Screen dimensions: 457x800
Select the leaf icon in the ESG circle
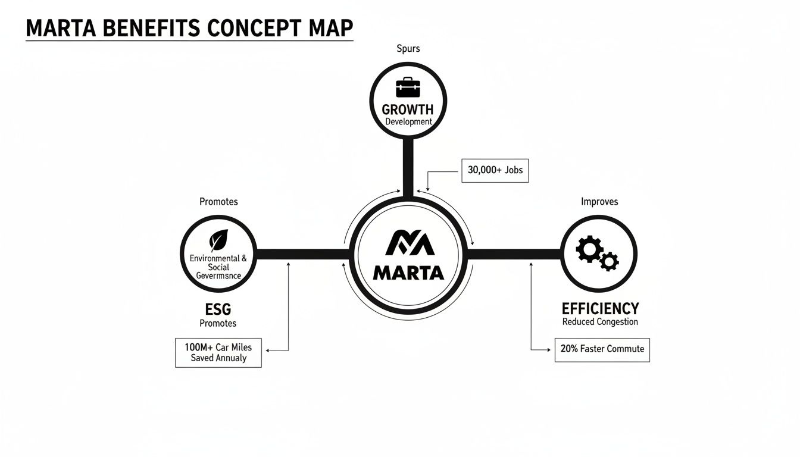[x=218, y=241]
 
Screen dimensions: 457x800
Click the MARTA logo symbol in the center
[x=408, y=243]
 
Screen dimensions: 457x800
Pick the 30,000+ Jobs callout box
[x=495, y=170]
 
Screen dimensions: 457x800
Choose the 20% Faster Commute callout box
[x=602, y=349]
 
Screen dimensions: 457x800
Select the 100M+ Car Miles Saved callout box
[x=218, y=352]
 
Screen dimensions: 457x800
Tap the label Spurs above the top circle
[x=408, y=49]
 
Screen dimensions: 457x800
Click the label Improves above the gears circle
[x=599, y=202]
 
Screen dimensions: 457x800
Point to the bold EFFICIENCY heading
[x=600, y=309]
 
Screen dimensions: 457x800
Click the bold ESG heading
[x=218, y=309]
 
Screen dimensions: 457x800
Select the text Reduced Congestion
[x=600, y=322]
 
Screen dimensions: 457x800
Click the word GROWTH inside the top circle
[x=408, y=110]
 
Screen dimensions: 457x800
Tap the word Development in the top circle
[x=408, y=122]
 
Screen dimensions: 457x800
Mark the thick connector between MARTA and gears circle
[x=514, y=254]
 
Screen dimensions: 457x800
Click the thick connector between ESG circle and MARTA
[x=302, y=254]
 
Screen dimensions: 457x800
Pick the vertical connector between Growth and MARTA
[x=408, y=167]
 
